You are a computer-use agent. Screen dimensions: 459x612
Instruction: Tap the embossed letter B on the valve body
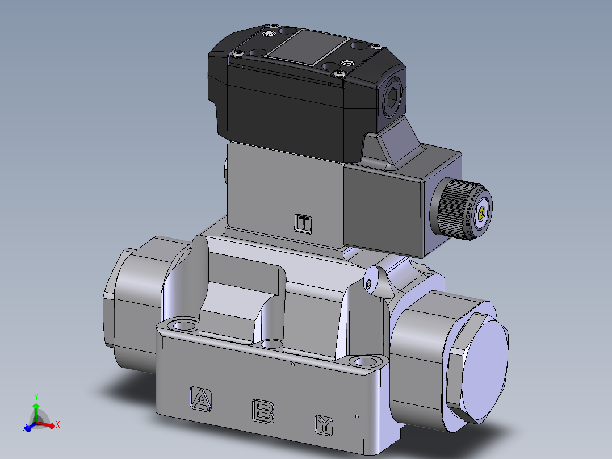[x=263, y=411]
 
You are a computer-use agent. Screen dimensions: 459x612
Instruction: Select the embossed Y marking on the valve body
[x=324, y=424]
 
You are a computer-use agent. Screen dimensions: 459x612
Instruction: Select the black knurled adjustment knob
[x=454, y=208]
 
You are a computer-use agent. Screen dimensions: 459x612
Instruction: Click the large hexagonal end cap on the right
[x=477, y=366]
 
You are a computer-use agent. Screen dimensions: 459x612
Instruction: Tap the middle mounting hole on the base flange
[x=273, y=343]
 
